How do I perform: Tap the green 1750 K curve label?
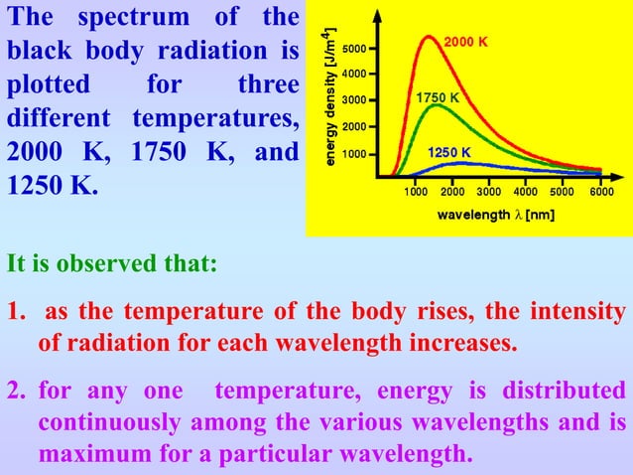438,98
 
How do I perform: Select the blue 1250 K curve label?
449,152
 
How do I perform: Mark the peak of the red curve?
428,37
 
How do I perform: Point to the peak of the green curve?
434,104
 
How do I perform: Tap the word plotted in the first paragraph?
49,83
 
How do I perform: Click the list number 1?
13,312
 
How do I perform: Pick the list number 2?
13,390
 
